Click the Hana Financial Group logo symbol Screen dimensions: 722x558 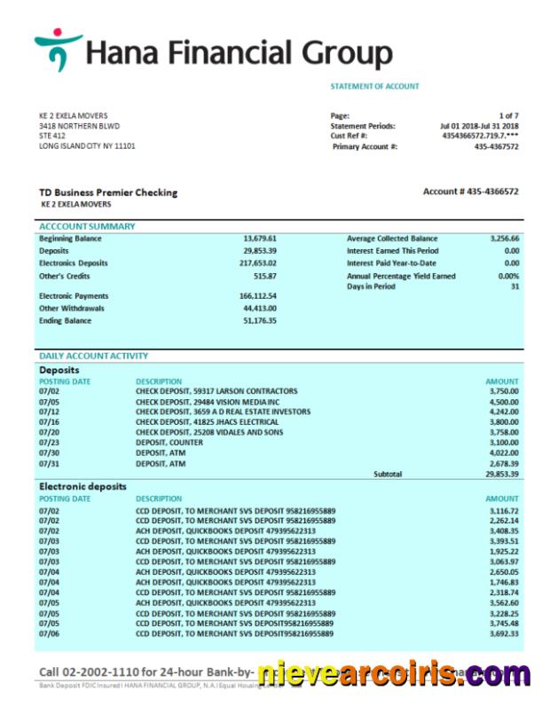click(x=58, y=50)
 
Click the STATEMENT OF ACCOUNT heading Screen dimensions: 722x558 click(x=374, y=86)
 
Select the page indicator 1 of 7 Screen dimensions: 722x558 click(x=508, y=115)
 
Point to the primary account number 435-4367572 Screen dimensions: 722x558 click(x=496, y=146)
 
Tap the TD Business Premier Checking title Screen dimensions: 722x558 click(x=107, y=192)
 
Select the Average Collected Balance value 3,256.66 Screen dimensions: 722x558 click(x=504, y=239)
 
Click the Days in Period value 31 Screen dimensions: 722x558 click(x=515, y=286)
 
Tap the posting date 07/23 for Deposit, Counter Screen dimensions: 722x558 click(x=49, y=441)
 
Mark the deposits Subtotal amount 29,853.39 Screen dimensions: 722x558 click(x=502, y=475)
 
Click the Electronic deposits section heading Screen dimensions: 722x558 click(x=83, y=486)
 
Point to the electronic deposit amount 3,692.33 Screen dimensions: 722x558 click(x=503, y=634)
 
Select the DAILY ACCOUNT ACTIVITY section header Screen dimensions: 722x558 click(x=93, y=356)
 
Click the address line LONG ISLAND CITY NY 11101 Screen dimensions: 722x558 click(x=87, y=146)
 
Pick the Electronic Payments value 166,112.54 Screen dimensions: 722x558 click(x=257, y=296)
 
